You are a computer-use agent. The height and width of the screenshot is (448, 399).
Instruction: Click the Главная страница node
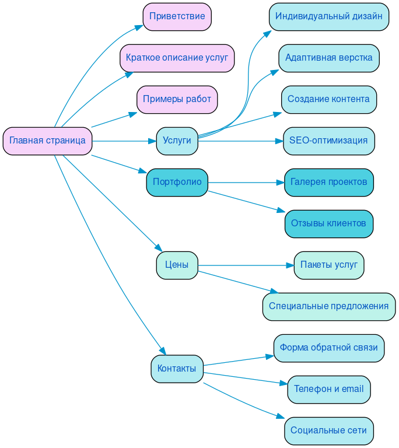47,141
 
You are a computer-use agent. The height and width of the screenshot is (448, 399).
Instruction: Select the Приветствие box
177,16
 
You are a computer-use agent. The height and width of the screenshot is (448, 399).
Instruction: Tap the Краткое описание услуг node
177,58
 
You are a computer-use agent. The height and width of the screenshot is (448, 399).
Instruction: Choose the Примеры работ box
177,99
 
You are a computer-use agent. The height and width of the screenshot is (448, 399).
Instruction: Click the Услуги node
177,141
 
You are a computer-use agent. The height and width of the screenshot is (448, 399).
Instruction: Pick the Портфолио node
177,182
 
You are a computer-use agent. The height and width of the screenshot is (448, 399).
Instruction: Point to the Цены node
177,265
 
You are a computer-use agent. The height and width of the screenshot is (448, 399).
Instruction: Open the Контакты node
177,369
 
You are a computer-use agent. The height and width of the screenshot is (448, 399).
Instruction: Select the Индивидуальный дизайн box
328,16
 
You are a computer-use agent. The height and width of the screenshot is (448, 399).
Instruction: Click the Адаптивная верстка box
328,58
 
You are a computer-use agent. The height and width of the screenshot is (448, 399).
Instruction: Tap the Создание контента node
328,99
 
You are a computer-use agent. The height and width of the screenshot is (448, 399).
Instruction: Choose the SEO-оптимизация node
328,141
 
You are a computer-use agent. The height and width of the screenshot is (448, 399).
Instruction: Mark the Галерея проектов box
328,182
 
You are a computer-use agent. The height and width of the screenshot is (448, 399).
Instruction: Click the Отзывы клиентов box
328,223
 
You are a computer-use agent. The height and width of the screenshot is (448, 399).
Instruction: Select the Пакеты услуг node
328,265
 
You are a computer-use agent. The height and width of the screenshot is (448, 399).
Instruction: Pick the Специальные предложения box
328,306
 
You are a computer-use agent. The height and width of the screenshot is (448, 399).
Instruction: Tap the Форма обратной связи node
328,348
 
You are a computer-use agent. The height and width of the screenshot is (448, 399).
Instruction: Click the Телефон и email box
328,389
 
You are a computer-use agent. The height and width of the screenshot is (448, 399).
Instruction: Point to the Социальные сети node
328,430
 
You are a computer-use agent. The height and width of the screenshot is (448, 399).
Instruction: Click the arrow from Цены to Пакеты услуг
245,265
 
